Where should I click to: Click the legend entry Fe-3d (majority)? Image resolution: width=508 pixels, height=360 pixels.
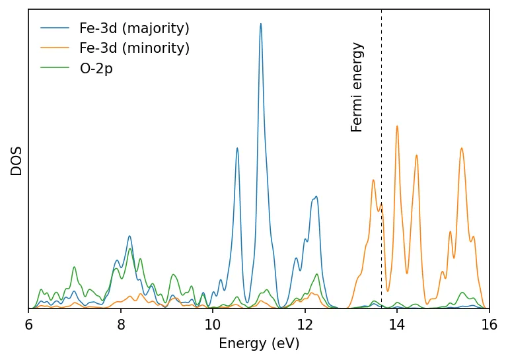point(134,29)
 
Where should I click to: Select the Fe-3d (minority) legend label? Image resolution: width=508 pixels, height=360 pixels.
point(134,49)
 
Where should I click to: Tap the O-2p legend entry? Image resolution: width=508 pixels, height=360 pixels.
point(96,69)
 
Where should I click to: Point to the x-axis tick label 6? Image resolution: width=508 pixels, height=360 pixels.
point(28,325)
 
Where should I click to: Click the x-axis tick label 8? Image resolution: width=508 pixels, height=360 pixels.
point(121,325)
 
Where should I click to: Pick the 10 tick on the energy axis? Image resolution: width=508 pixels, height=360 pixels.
point(213,325)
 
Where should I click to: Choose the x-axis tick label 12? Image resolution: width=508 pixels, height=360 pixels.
point(305,325)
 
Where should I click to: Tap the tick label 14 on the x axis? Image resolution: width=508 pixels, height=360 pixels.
point(397,325)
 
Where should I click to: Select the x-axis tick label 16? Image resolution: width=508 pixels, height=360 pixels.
point(489,325)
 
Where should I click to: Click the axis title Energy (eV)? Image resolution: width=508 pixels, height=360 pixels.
point(259,344)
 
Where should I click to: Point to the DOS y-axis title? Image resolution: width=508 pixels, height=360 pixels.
point(17,161)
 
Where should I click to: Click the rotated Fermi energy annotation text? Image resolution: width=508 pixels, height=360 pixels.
point(357,87)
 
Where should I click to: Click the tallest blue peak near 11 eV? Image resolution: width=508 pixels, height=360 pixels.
point(261,24)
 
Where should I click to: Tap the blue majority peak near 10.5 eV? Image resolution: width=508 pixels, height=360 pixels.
point(237,149)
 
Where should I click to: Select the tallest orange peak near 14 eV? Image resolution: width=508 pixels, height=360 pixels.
point(397,126)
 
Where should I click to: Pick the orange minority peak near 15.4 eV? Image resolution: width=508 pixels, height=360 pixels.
point(461,149)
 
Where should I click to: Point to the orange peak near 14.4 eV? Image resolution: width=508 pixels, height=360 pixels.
point(417,156)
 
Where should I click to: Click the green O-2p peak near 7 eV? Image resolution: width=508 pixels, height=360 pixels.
point(74,268)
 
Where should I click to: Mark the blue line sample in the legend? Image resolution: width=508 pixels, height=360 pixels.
point(55,29)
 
